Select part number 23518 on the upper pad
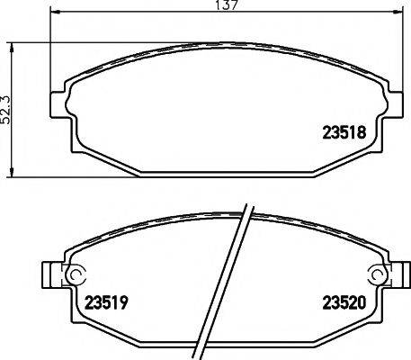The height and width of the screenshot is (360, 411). click(x=344, y=130)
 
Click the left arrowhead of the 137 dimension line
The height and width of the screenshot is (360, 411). click(x=52, y=14)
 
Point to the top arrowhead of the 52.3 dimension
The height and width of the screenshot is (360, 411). click(x=12, y=43)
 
